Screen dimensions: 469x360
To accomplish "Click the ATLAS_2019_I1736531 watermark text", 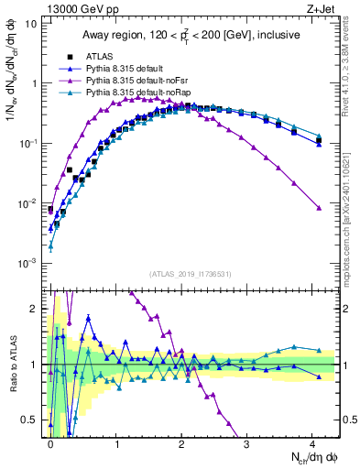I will [190, 274].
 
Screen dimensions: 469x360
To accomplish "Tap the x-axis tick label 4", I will [312, 444].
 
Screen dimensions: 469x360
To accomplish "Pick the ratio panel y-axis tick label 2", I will [33, 309].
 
